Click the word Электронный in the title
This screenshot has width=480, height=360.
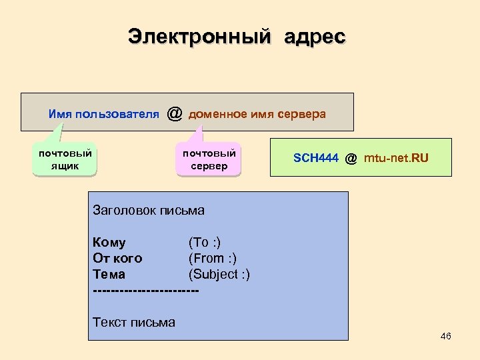pyautogui.click(x=199, y=36)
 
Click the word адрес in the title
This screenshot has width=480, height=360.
pyautogui.click(x=315, y=36)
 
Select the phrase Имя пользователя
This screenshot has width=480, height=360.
pyautogui.click(x=103, y=114)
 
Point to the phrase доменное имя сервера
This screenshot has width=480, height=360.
pyautogui.click(x=257, y=114)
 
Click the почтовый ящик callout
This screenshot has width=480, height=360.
pyautogui.click(x=65, y=159)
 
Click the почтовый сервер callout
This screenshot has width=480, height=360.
pyautogui.click(x=209, y=159)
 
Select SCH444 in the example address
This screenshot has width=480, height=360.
pyautogui.click(x=316, y=158)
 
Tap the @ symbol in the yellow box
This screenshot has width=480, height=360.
pyautogui.click(x=351, y=158)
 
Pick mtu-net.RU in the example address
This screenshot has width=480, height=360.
pyautogui.click(x=397, y=158)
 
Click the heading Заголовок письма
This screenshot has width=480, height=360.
pyautogui.click(x=149, y=211)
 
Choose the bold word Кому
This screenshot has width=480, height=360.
pyautogui.click(x=109, y=242)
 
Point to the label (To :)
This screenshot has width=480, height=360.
pyautogui.click(x=205, y=242)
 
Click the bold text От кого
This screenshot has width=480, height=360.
pyautogui.click(x=117, y=258)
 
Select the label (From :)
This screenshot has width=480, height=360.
pyautogui.click(x=213, y=258)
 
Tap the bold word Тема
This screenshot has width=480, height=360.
pyautogui.click(x=109, y=274)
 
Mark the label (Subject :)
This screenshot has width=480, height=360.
pyautogui.click(x=219, y=274)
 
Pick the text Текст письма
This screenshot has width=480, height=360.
pyautogui.click(x=134, y=323)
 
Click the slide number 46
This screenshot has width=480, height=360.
pyautogui.click(x=446, y=336)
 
